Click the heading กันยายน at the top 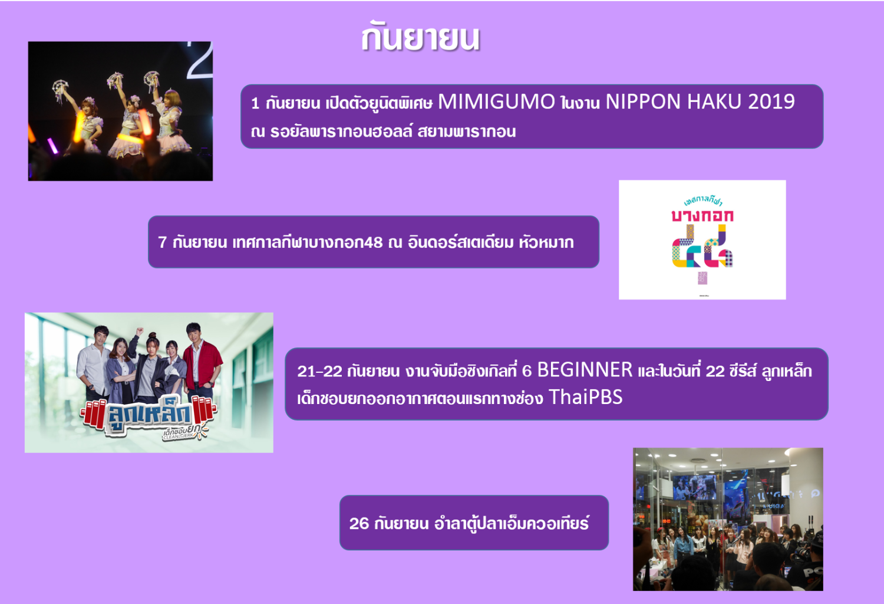[421, 38]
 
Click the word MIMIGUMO [496, 101]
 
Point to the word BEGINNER [585, 370]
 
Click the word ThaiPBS [586, 397]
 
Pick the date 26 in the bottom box [359, 524]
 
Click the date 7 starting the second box [162, 242]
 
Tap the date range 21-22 [319, 371]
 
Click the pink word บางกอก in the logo [702, 215]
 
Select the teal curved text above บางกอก [703, 201]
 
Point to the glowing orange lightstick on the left [78, 127]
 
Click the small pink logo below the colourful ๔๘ [702, 277]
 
